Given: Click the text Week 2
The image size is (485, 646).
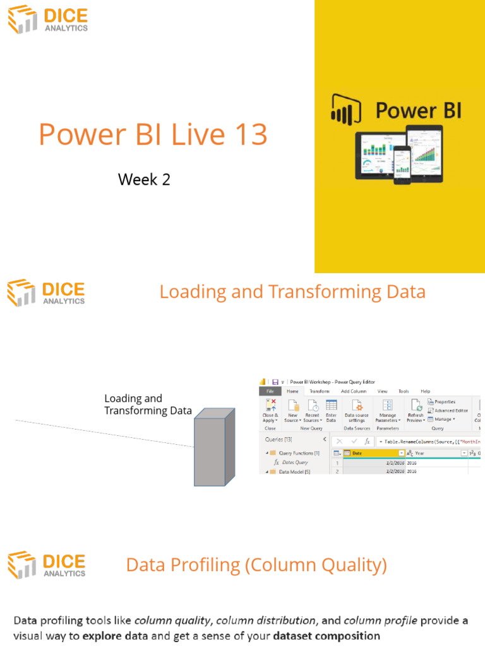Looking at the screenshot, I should click(x=144, y=180).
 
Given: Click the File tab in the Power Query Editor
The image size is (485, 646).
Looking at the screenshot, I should click(x=270, y=391).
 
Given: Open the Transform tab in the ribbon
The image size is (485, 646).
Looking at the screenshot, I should click(x=320, y=391).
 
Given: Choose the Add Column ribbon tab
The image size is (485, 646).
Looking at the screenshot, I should click(x=354, y=391).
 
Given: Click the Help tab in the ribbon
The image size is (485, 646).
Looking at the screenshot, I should click(x=425, y=391).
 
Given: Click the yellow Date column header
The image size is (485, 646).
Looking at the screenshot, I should click(x=373, y=453).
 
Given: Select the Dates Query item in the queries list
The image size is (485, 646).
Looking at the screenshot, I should click(x=294, y=462).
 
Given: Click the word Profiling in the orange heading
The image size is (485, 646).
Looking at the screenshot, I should click(x=204, y=565).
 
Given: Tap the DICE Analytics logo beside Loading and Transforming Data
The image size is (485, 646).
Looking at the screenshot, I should click(x=46, y=293).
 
